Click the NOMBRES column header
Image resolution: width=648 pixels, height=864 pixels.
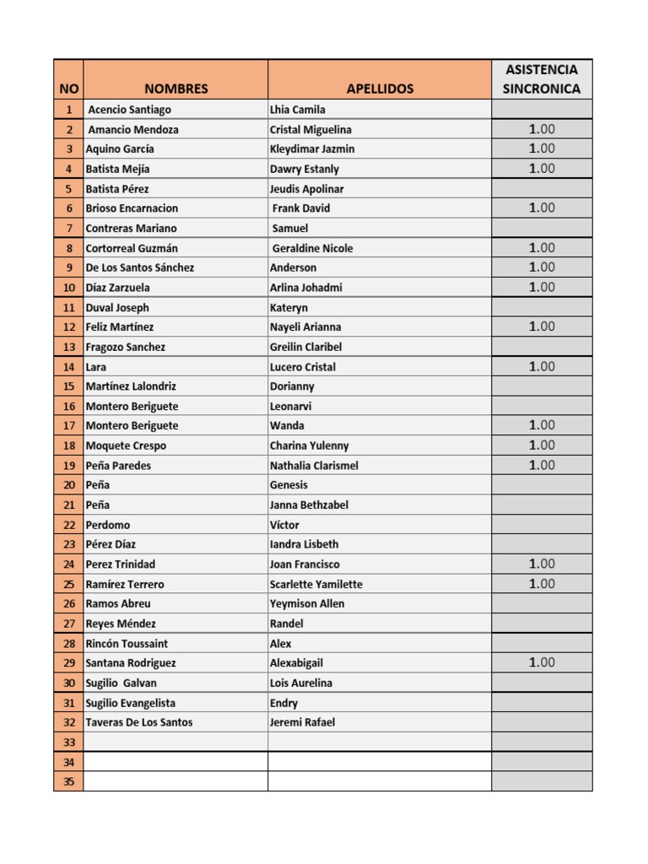pyautogui.click(x=175, y=89)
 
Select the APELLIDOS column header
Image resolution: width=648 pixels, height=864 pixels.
pyautogui.click(x=380, y=89)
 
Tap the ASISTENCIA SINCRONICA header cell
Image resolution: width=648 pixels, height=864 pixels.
pyautogui.click(x=541, y=78)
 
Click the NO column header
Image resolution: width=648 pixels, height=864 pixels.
pyautogui.click(x=68, y=89)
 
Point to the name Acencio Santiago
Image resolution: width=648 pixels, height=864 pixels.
pyautogui.click(x=129, y=110)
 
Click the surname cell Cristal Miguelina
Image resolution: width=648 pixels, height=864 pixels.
pyautogui.click(x=310, y=130)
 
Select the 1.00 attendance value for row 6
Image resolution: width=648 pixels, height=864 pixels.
pyautogui.click(x=542, y=208)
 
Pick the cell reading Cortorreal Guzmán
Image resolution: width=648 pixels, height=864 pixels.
pyautogui.click(x=132, y=248)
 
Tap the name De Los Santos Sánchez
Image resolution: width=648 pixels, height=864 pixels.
pyautogui.click(x=140, y=267)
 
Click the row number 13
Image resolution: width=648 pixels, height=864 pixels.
pyautogui.click(x=68, y=347)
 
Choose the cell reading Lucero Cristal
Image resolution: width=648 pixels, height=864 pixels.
pyautogui.click(x=303, y=367)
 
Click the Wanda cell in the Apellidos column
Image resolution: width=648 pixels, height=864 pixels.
pyautogui.click(x=287, y=426)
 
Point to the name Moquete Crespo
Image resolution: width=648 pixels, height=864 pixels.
pyautogui.click(x=126, y=445)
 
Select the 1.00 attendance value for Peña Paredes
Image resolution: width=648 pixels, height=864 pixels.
pyautogui.click(x=542, y=465)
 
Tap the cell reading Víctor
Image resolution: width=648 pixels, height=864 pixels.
pyautogui.click(x=284, y=525)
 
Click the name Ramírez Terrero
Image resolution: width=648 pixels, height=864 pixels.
pyautogui.click(x=125, y=584)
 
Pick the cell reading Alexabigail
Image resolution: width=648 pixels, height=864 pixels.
pyautogui.click(x=296, y=663)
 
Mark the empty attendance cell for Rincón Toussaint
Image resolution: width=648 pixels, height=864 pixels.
pyautogui.click(x=542, y=643)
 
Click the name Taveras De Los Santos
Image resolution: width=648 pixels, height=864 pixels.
pyautogui.click(x=139, y=722)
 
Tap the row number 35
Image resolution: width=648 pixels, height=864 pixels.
pyautogui.click(x=68, y=781)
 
